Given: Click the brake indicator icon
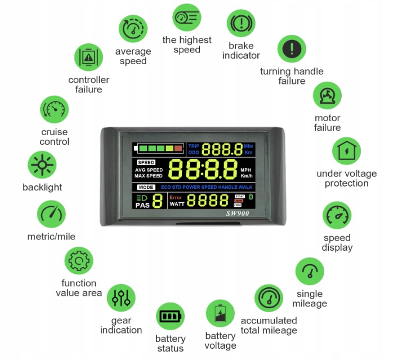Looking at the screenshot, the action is point(241,24).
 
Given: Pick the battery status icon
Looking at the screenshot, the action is point(170,316).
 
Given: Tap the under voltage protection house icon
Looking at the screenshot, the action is point(346,151).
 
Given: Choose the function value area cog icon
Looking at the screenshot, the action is point(78,260).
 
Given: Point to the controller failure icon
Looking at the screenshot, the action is point(88,57).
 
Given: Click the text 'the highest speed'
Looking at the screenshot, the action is point(187,45).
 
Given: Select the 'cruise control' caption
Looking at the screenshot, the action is point(55,137).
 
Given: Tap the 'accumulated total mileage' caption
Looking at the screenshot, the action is point(269,326).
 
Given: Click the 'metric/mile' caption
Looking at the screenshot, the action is point(51,237).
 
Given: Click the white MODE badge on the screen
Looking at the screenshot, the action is point(146,187).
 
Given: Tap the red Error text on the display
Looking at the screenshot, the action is point(176,197).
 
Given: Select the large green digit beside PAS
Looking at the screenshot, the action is point(158,201).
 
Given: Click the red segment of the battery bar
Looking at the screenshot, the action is point(178,149).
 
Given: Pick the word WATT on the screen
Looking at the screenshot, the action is point(177,204).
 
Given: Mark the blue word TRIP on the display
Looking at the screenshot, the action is point(194,146).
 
